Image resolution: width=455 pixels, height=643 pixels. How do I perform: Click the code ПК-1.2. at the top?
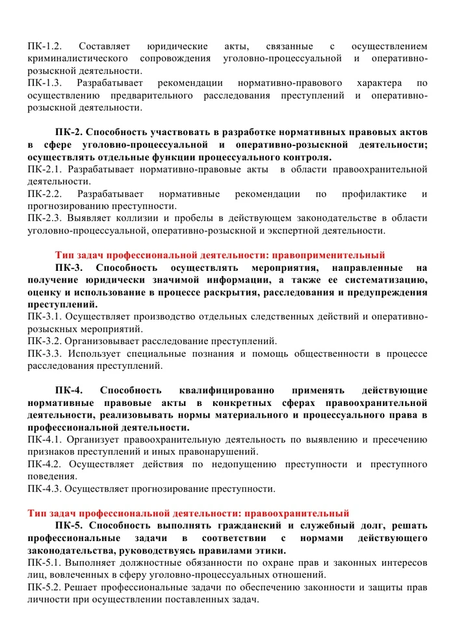pos(44,46)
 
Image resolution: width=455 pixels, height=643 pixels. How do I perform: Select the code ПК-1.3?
pos(44,83)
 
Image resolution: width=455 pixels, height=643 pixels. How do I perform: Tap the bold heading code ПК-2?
pos(70,132)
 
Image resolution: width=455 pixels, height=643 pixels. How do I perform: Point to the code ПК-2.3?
pos(44,218)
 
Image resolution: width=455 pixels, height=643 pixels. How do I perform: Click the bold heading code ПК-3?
pos(70,268)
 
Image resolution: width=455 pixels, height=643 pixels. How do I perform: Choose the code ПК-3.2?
pos(44,341)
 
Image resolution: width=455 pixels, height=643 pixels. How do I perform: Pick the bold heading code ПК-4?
pos(70,390)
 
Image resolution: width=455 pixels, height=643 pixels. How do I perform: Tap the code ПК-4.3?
pos(44,489)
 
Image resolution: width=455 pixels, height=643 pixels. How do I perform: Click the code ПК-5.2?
pos(44,587)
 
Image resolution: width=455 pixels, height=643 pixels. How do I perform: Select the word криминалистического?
pos(79,58)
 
